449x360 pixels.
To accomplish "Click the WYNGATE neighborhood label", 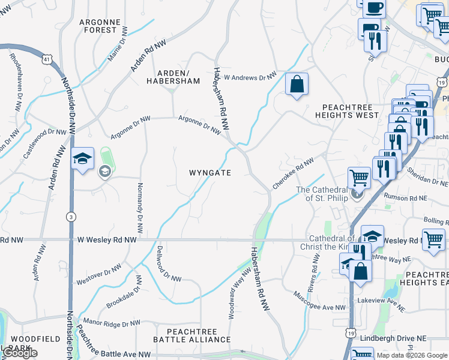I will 210,172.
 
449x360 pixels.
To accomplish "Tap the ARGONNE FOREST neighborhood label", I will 101,26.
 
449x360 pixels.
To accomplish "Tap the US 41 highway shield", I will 46,59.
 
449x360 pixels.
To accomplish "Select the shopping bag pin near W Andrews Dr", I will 297,85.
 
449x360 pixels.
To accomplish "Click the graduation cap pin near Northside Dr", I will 82,159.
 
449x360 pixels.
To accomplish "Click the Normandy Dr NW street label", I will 140,208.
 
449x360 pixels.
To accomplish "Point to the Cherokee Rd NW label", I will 294,174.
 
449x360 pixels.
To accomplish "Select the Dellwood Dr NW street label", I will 169,263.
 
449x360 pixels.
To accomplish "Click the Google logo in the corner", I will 20,353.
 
